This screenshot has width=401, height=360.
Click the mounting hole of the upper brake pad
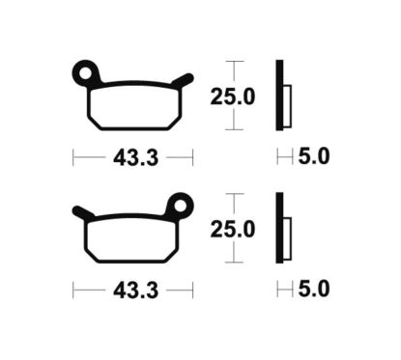(x=87, y=71)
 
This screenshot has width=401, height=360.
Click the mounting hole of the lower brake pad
(x=179, y=205)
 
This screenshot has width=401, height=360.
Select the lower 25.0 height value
(x=232, y=229)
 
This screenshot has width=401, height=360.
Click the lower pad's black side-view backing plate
(x=279, y=228)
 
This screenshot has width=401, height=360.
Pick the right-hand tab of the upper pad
(x=186, y=78)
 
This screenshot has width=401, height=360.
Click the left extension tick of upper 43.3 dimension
(x=73, y=154)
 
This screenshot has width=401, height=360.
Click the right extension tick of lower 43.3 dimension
(x=193, y=289)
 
